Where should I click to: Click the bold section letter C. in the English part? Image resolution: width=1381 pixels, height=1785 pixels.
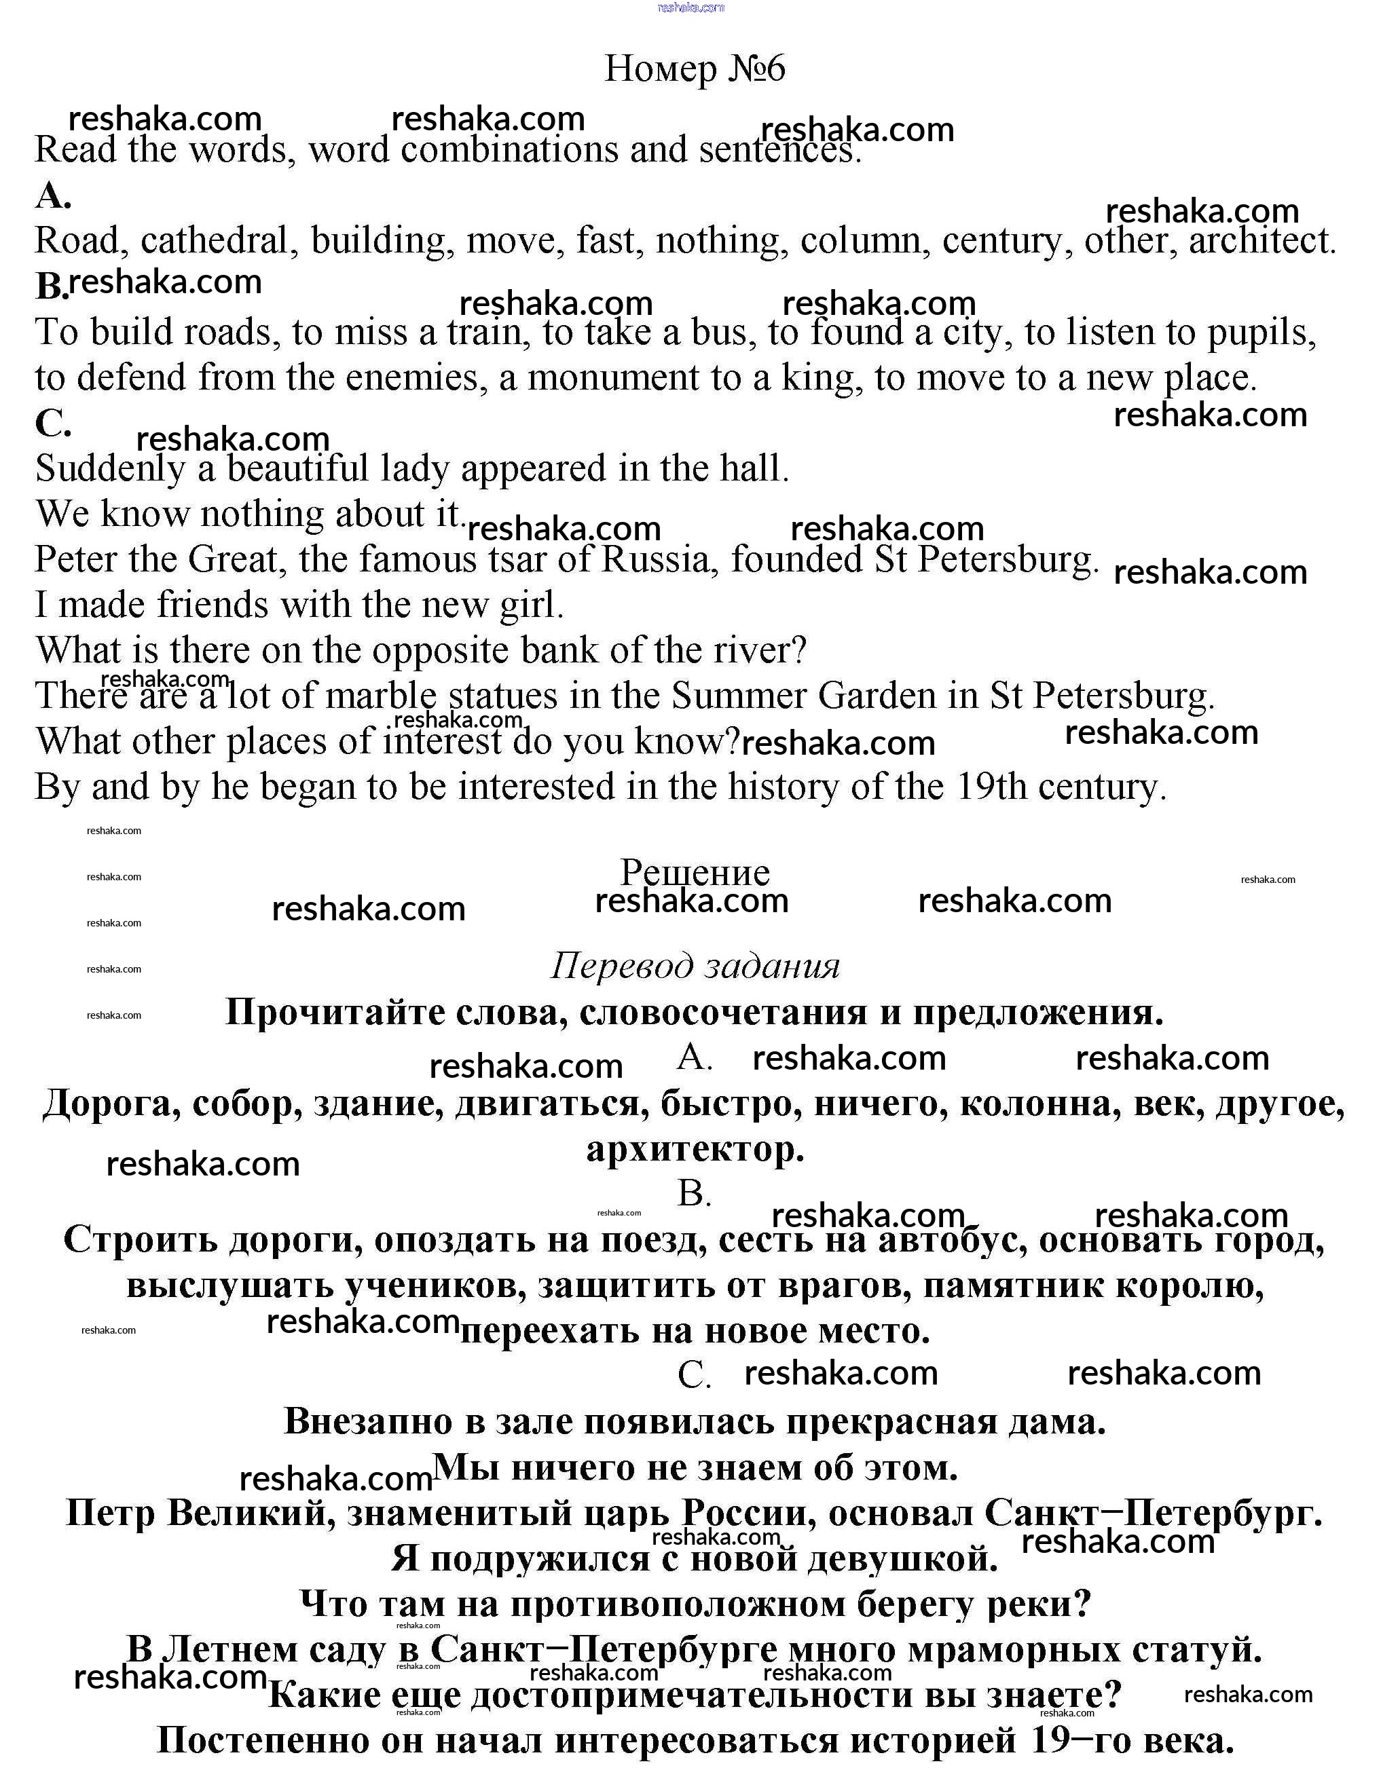[53, 424]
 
